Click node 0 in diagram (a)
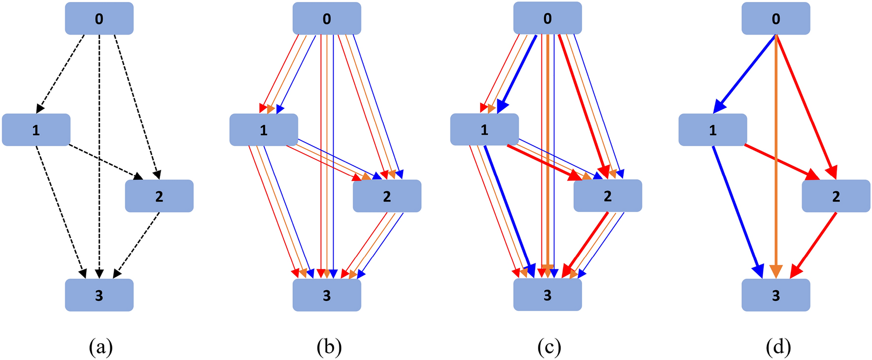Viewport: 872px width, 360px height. [x=99, y=19]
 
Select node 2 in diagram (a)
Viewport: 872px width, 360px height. [x=159, y=196]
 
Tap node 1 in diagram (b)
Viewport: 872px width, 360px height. [x=264, y=130]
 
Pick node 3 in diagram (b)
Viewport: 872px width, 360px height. [x=327, y=295]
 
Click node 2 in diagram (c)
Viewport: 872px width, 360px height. [x=607, y=196]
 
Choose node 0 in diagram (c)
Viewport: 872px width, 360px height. [x=547, y=18]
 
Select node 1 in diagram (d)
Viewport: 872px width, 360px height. [x=712, y=130]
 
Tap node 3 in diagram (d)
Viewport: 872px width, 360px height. [x=775, y=295]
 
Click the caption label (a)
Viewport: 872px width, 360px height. [x=101, y=347]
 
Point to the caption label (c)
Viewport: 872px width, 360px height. [x=549, y=347]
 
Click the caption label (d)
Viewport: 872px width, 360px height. [x=778, y=347]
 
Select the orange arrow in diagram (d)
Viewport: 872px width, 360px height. [x=776, y=158]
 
